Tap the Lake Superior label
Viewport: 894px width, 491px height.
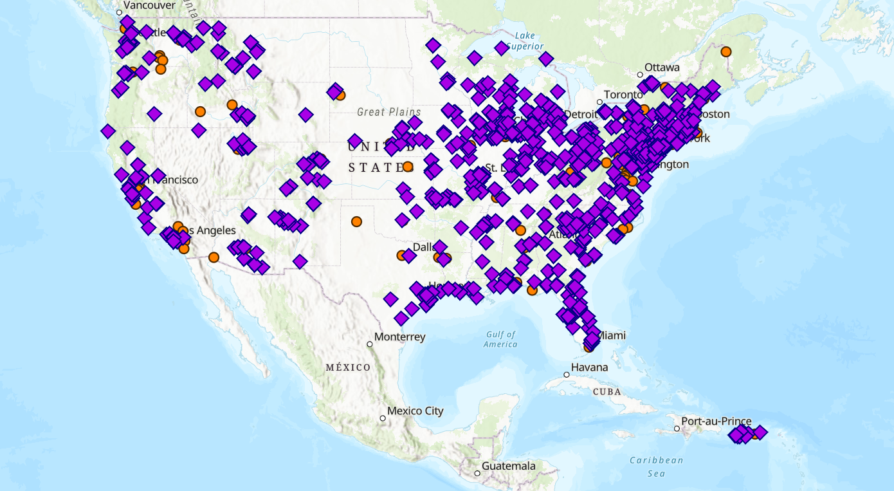(x=525, y=41)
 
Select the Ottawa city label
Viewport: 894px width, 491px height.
(x=662, y=67)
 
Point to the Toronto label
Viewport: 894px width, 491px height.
(x=623, y=95)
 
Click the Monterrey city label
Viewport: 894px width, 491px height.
(x=399, y=337)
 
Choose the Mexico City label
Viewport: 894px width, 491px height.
(x=415, y=411)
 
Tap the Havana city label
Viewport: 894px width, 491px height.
(x=590, y=367)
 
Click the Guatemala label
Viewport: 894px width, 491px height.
(x=508, y=466)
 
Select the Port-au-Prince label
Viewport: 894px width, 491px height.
(x=716, y=422)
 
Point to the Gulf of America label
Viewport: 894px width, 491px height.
(x=501, y=339)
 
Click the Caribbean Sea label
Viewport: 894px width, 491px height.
(x=656, y=467)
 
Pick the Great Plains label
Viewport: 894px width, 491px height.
(x=389, y=112)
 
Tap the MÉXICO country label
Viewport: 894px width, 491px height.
(x=348, y=367)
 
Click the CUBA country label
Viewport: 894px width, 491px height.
(x=607, y=391)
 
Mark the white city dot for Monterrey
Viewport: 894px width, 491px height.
(x=370, y=344)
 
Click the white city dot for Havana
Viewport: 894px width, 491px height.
(x=567, y=375)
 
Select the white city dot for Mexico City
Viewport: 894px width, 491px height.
(x=383, y=418)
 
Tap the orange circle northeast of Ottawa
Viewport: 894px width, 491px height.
(x=726, y=51)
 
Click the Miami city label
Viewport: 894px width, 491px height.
(x=612, y=335)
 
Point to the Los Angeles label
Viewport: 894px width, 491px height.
(x=210, y=230)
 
